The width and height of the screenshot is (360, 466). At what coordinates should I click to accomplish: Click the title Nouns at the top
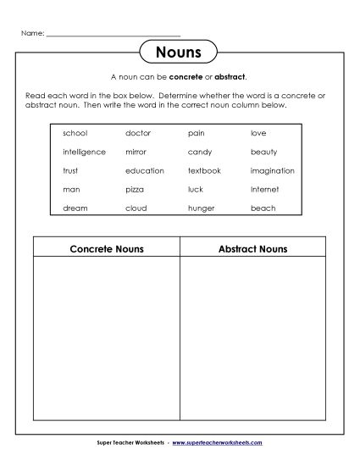pyautogui.click(x=178, y=53)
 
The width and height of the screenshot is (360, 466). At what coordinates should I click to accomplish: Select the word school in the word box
pyautogui.click(x=75, y=133)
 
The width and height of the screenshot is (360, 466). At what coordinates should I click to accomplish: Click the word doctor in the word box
pyautogui.click(x=138, y=133)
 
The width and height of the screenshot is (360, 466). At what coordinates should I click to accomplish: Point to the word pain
pyautogui.click(x=196, y=133)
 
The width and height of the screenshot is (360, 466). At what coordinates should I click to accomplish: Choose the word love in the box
pyautogui.click(x=258, y=133)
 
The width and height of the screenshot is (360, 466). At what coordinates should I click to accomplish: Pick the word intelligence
pyautogui.click(x=84, y=152)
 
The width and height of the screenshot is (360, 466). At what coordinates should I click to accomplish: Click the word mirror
pyautogui.click(x=136, y=152)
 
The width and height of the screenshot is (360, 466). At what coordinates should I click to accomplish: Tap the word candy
pyautogui.click(x=200, y=152)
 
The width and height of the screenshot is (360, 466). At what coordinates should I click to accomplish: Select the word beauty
pyautogui.click(x=263, y=152)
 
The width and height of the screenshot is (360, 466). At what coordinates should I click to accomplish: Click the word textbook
pyautogui.click(x=204, y=170)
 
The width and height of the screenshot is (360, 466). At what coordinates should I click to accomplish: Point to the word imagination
pyautogui.click(x=272, y=170)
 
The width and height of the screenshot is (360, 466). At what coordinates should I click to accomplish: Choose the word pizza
pyautogui.click(x=135, y=189)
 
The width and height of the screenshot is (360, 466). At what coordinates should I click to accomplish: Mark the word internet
pyautogui.click(x=264, y=189)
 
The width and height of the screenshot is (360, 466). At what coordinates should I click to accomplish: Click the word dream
pyautogui.click(x=75, y=208)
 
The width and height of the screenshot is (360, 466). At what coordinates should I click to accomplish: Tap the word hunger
pyautogui.click(x=202, y=208)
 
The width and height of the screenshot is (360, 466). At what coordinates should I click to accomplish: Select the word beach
pyautogui.click(x=263, y=208)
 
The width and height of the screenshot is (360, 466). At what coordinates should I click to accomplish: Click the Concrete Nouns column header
pyautogui.click(x=106, y=249)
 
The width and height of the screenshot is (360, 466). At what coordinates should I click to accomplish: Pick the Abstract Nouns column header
pyautogui.click(x=252, y=249)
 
